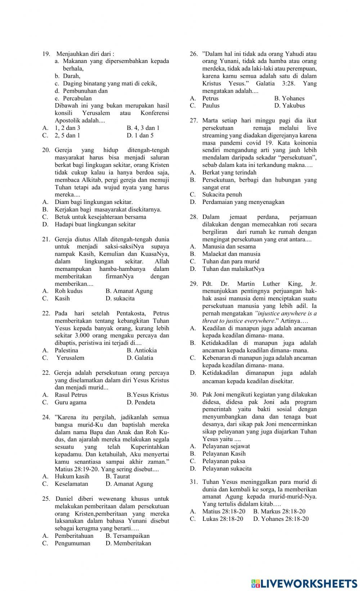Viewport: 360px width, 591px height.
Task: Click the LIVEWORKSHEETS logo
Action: click(304, 583)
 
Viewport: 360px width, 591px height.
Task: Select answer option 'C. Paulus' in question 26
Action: click(207, 105)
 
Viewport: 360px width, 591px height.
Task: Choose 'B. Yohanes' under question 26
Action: click(289, 98)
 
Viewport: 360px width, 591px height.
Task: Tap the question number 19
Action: click(46, 54)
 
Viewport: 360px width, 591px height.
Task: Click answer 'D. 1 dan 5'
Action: click(140, 135)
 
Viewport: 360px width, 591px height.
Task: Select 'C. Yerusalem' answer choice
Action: click(66, 358)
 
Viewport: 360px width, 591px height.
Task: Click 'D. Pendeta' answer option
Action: click(141, 402)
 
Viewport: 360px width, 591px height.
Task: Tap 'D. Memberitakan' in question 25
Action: click(128, 543)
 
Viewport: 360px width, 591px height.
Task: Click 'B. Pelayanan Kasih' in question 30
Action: click(220, 454)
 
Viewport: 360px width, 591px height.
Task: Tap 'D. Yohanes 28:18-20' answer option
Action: click(281, 519)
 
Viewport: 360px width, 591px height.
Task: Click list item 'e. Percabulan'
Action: click(73, 98)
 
